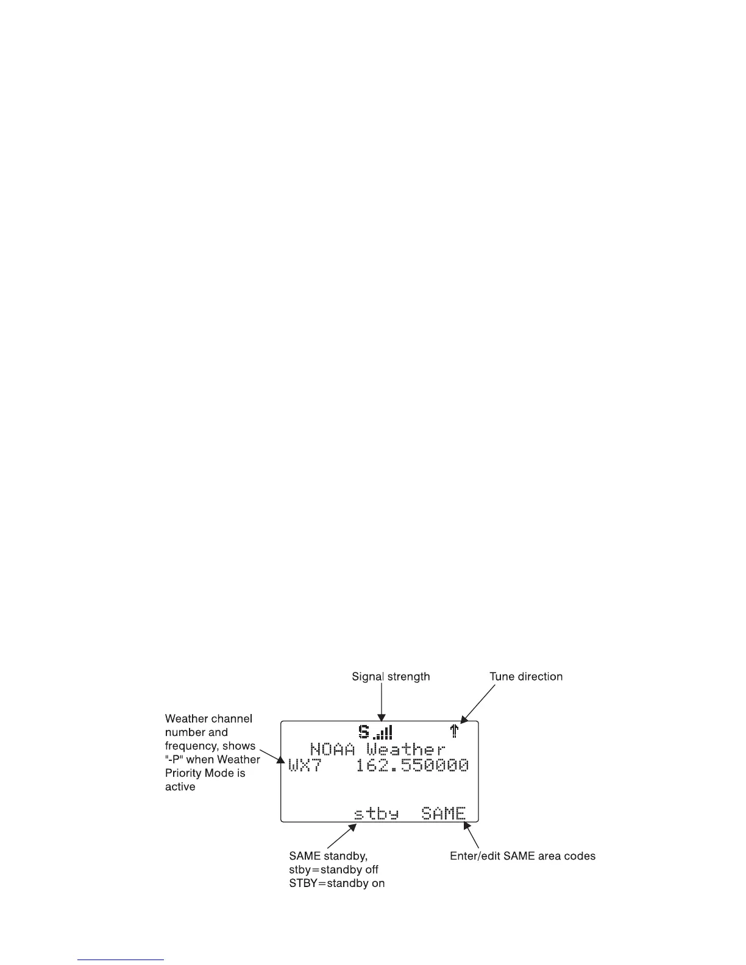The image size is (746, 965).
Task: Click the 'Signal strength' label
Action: tap(391, 677)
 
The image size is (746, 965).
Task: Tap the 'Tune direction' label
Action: tap(526, 677)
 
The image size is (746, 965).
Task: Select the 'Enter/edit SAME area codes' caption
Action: tap(522, 856)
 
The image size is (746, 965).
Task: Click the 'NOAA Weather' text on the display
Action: tap(378, 749)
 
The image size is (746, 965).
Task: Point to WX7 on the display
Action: tap(304, 765)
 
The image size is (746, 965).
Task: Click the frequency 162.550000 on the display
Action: tap(412, 765)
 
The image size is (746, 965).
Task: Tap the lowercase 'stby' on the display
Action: tap(377, 813)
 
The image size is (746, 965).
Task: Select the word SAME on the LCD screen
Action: tap(444, 813)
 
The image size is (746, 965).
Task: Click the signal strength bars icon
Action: tap(383, 732)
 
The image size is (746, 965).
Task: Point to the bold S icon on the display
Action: tap(364, 731)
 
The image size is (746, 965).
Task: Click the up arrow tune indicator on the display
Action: tap(453, 731)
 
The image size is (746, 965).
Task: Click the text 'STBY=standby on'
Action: tap(336, 883)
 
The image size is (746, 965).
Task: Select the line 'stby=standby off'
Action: tap(333, 870)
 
